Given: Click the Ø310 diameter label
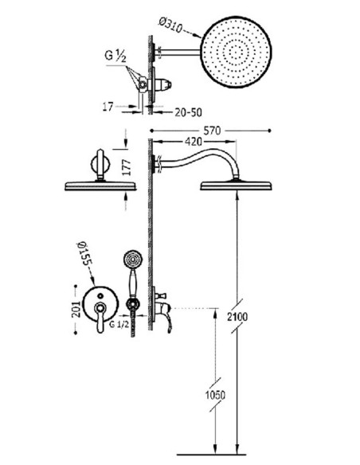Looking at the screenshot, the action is [170, 25].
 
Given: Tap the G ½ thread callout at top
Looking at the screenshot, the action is [115, 57].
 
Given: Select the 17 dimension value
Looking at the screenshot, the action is [108, 107].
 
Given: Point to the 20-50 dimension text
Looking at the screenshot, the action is [188, 112].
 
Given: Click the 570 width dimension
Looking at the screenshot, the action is [213, 131].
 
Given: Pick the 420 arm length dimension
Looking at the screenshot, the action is [193, 142].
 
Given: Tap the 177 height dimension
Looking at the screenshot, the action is [127, 167].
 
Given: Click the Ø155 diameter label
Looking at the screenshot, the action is [84, 253].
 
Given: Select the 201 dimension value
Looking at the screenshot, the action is [76, 309].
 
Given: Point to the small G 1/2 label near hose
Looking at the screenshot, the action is [119, 324].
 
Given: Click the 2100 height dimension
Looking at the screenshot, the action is [237, 317].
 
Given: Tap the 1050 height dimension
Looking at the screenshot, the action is [215, 395].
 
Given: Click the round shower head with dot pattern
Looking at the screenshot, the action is [236, 52].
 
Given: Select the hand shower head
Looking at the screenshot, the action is [132, 260].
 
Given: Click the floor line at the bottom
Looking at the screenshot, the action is [211, 455].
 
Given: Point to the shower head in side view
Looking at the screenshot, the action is [236, 186].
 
